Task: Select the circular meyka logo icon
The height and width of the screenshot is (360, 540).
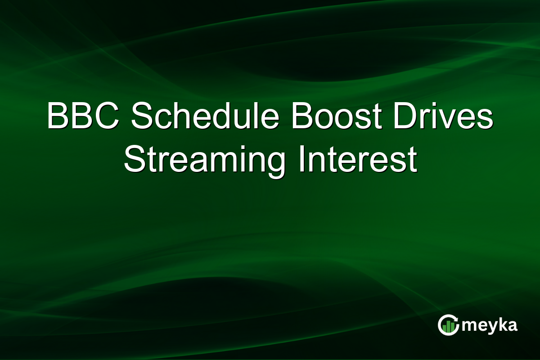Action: tap(448, 325)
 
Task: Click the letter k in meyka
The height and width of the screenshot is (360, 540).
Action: tap(500, 324)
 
